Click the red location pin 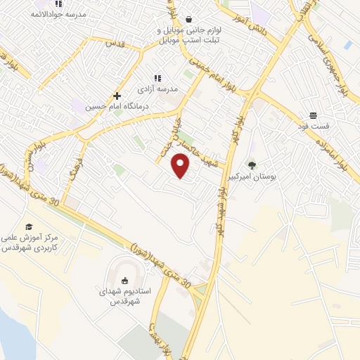[181, 166]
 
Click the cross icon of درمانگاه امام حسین [117, 96]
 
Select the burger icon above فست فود [312, 115]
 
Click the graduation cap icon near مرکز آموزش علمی [29, 226]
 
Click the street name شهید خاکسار [204, 148]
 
